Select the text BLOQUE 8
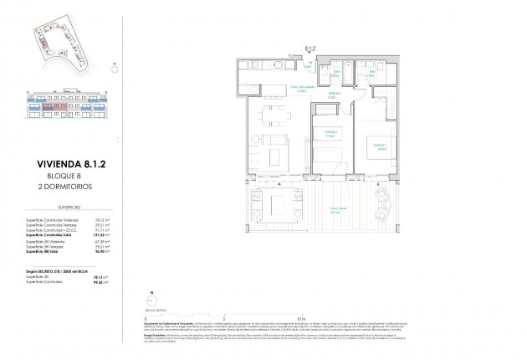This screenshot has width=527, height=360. [x=58, y=177]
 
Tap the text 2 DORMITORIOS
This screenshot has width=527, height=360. [x=66, y=188]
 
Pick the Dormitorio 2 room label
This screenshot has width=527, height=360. [x=332, y=131]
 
